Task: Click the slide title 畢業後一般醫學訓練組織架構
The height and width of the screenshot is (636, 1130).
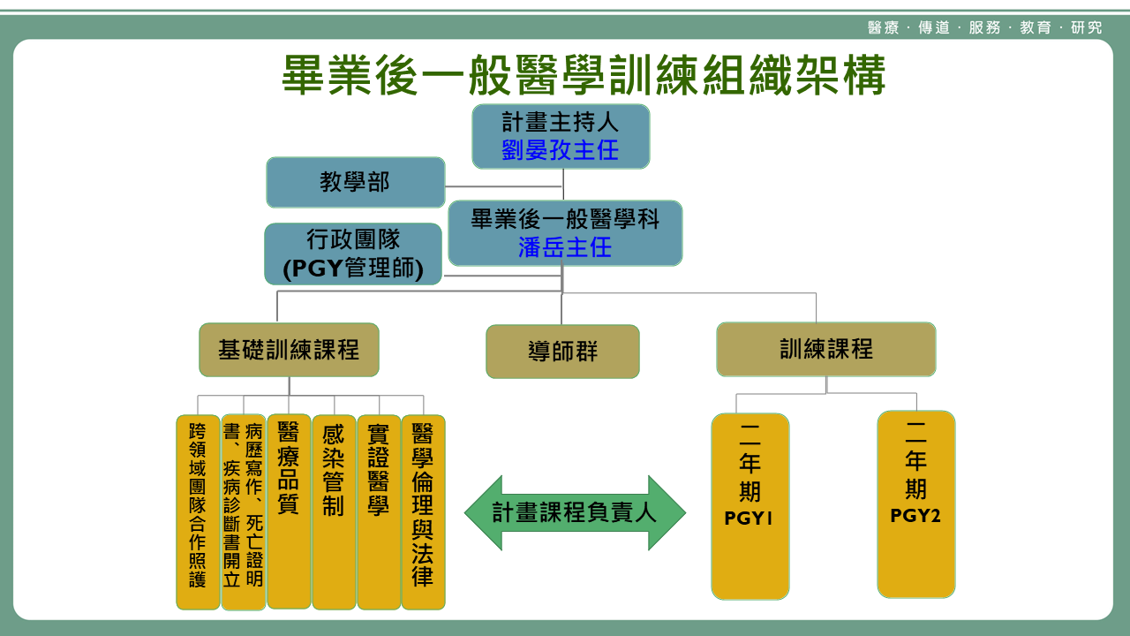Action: [583, 76]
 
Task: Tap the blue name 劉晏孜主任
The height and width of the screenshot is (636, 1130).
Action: [561, 150]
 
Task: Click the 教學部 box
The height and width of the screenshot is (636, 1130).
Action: [355, 183]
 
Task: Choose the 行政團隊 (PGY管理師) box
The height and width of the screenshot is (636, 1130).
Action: [353, 254]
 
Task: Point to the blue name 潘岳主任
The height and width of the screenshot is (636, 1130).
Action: [565, 247]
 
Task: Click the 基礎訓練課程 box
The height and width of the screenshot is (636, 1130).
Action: [289, 350]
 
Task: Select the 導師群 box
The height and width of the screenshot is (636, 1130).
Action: [562, 352]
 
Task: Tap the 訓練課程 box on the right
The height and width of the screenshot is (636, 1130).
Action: [825, 349]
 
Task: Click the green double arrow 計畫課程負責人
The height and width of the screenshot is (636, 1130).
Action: [575, 512]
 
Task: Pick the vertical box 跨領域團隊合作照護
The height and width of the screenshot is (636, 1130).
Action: [198, 512]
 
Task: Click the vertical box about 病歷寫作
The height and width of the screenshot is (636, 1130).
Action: [243, 512]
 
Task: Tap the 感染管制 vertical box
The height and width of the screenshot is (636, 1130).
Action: [334, 512]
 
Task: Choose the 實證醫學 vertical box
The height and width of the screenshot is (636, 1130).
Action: [379, 512]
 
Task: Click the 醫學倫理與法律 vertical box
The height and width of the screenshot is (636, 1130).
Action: [423, 512]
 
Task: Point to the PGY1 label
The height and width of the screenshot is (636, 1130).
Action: [749, 519]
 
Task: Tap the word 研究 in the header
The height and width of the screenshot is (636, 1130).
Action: [1087, 27]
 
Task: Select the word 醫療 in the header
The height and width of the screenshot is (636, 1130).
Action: [883, 27]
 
